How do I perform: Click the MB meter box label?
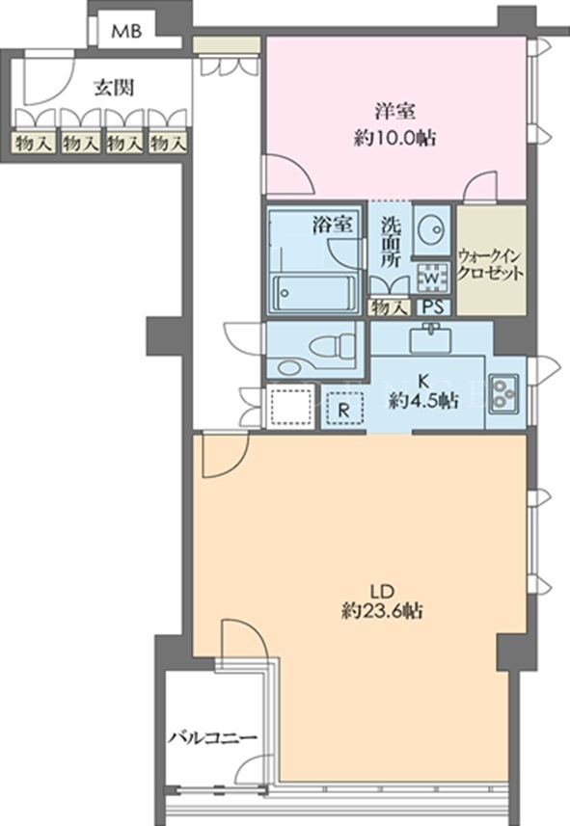tap(126, 31)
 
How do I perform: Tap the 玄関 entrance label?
tap(114, 88)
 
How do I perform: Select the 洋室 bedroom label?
tap(394, 111)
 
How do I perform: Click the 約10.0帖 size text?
tap(394, 138)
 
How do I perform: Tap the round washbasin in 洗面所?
tap(431, 229)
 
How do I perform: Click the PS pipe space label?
tap(433, 307)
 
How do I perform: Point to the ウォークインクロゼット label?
tap(490, 265)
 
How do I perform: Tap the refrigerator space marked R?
tap(343, 409)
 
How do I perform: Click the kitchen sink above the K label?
tap(431, 338)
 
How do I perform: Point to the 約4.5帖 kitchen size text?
tap(422, 402)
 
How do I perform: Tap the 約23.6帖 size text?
tap(381, 611)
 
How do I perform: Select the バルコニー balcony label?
tap(213, 737)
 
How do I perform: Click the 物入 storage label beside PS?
tap(390, 307)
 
